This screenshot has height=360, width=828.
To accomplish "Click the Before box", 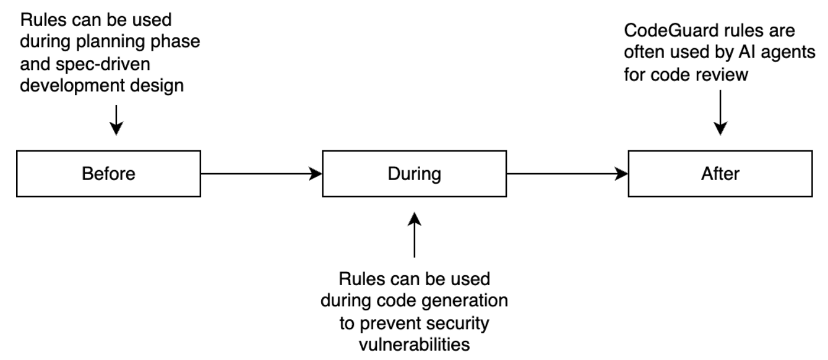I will click(108, 174).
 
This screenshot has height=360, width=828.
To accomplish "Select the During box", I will click(414, 174).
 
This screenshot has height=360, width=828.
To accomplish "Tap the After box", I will click(720, 174).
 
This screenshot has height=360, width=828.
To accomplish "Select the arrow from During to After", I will click(567, 174).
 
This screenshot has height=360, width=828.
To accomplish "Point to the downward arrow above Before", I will click(115, 120).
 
